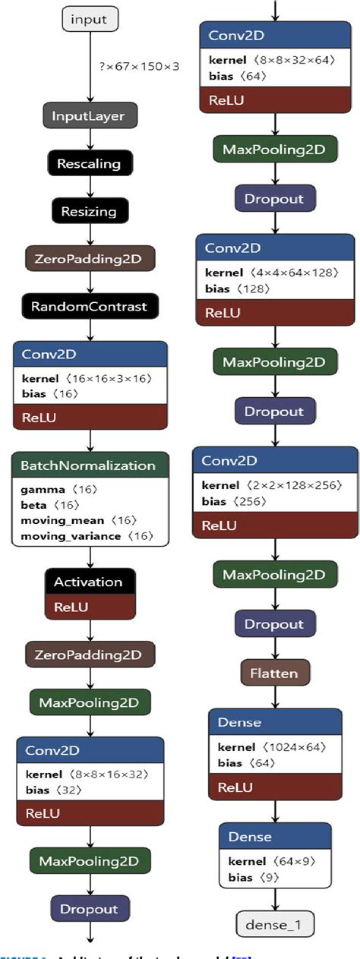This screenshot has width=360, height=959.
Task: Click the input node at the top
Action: [x=90, y=19]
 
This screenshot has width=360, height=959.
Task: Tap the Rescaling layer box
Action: [x=90, y=163]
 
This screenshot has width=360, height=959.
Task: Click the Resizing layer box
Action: [x=90, y=210]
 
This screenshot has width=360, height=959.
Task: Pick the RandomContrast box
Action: [x=90, y=306]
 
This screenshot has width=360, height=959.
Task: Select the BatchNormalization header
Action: [x=90, y=465]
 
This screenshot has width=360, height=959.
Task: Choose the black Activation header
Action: [x=90, y=582]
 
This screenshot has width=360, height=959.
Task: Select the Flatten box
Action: [x=275, y=673]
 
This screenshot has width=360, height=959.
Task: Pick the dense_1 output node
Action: [x=275, y=925]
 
